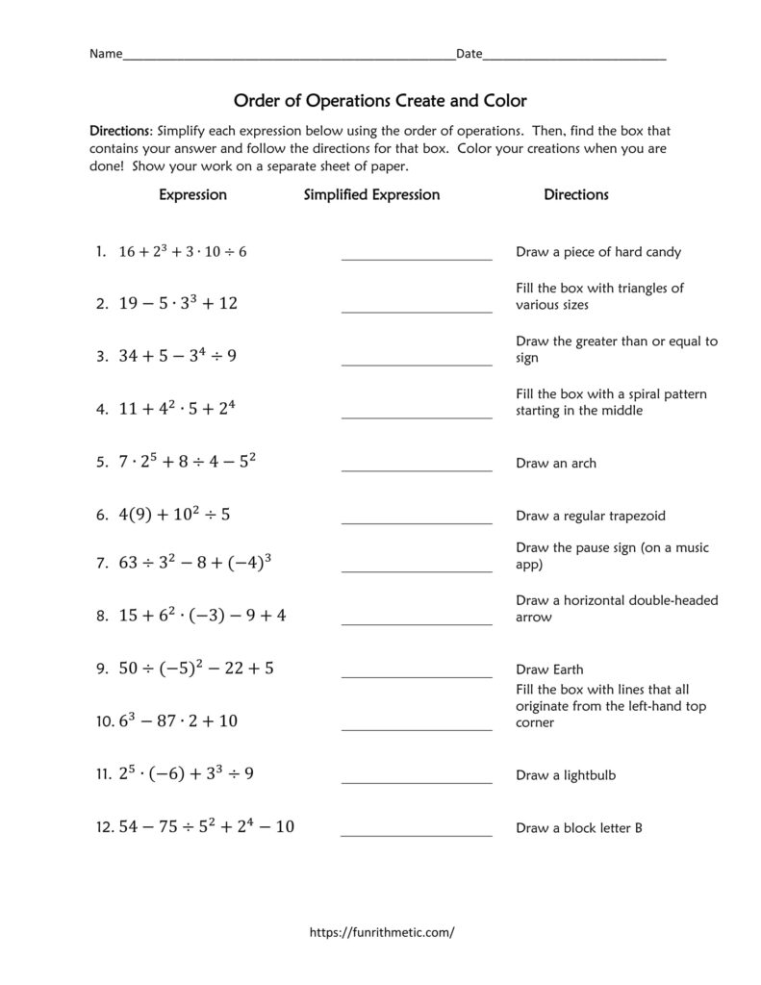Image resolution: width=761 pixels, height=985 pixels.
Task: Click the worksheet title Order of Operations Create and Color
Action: click(x=381, y=100)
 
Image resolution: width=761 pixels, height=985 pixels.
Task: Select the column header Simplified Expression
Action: click(x=371, y=194)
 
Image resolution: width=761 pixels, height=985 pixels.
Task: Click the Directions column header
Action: click(x=576, y=194)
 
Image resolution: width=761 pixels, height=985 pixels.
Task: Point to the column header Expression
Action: click(x=192, y=194)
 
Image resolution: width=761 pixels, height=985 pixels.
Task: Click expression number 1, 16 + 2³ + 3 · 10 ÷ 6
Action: click(x=183, y=252)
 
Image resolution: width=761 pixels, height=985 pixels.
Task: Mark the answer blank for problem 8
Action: click(x=417, y=623)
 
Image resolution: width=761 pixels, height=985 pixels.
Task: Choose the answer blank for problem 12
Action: click(x=417, y=834)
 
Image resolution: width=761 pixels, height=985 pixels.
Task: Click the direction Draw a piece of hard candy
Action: click(x=598, y=252)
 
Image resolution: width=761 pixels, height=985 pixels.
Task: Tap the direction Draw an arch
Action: click(x=556, y=463)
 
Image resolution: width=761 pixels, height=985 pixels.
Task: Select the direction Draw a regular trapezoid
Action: click(x=591, y=516)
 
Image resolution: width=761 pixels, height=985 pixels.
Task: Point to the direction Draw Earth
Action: click(x=549, y=669)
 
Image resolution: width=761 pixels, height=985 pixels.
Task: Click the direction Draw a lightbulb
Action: click(x=566, y=774)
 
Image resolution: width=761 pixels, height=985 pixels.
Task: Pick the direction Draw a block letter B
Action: click(x=578, y=827)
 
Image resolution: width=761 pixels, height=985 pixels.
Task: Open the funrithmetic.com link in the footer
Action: click(x=381, y=932)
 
